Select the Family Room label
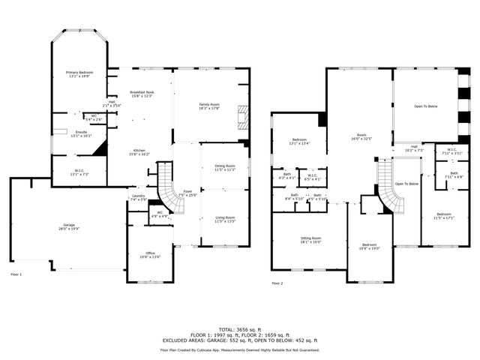coord(209,106)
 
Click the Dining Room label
coord(225,167)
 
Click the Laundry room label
coord(137,197)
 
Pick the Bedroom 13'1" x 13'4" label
coord(299,142)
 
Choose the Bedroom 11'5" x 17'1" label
coord(444,216)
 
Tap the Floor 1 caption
coord(16,275)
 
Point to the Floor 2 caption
coord(277,283)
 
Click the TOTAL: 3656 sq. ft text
coord(239,329)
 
